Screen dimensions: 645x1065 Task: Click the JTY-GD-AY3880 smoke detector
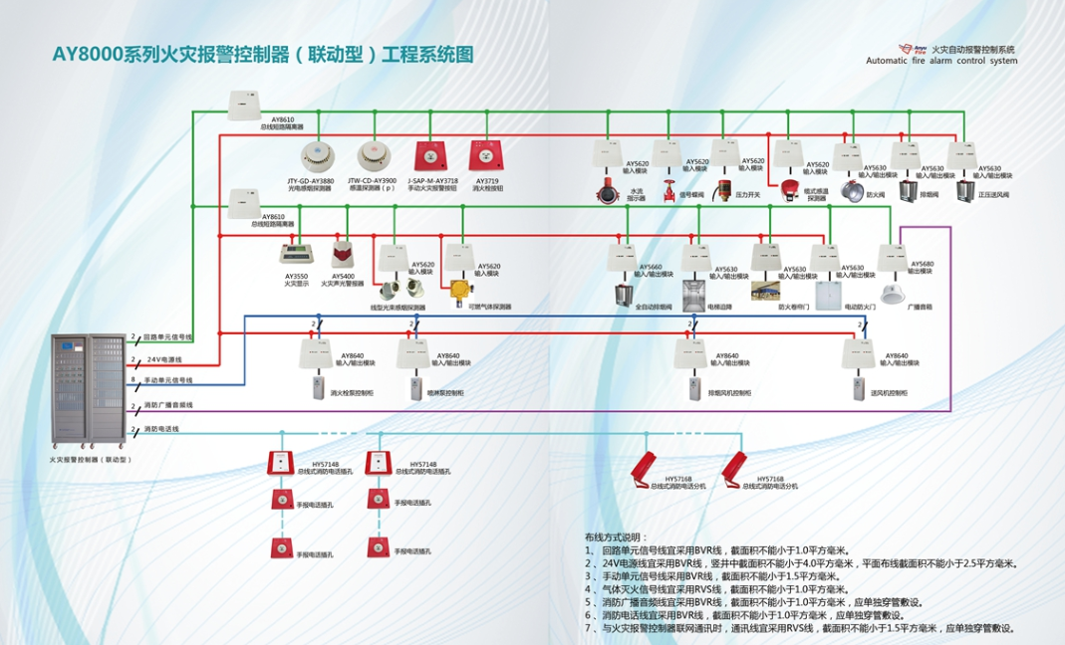(x=317, y=157)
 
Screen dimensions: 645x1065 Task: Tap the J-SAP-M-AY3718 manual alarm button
(x=430, y=156)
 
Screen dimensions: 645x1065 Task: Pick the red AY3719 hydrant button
(x=485, y=156)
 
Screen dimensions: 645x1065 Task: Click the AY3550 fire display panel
(x=296, y=254)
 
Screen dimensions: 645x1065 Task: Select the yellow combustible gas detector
(x=459, y=290)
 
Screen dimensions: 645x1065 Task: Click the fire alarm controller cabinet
(x=92, y=389)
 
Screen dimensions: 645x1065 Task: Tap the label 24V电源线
(x=166, y=359)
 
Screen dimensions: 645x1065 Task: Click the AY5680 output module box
(x=890, y=258)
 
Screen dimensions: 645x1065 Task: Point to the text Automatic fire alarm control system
(x=941, y=61)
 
